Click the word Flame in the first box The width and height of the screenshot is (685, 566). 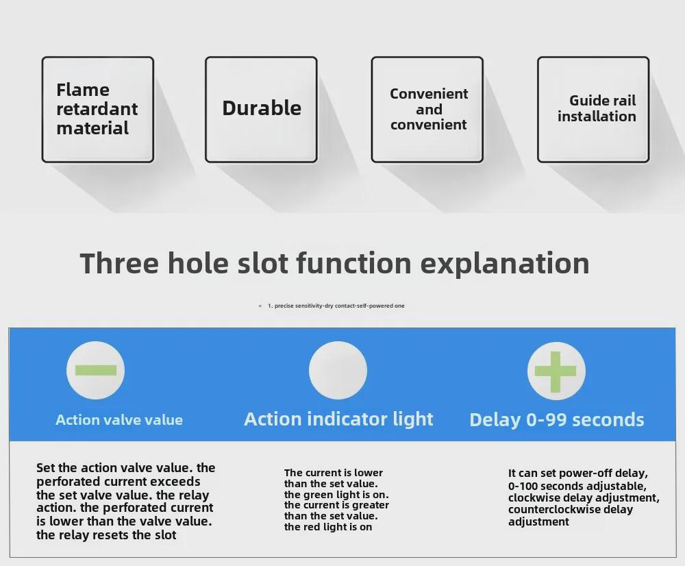pyautogui.click(x=83, y=90)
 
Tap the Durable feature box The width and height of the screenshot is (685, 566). pyautogui.click(x=261, y=109)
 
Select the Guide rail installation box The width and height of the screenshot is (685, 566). pyautogui.click(x=593, y=109)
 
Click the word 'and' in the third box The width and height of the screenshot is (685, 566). pyautogui.click(x=429, y=109)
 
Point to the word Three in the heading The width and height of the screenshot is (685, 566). pyautogui.click(x=119, y=263)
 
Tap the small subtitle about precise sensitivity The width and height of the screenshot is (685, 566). pyautogui.click(x=336, y=306)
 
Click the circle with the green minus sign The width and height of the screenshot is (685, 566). pyautogui.click(x=96, y=370)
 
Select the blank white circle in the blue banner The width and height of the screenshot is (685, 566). pyautogui.click(x=338, y=370)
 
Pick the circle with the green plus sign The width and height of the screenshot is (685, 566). pyautogui.click(x=556, y=371)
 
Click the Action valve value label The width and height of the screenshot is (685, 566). pyautogui.click(x=119, y=420)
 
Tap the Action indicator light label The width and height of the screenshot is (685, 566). pyautogui.click(x=338, y=419)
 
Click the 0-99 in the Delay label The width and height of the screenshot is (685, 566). pyautogui.click(x=546, y=420)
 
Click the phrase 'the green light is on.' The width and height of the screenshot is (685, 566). pyautogui.click(x=336, y=495)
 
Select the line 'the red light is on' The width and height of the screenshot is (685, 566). pyautogui.click(x=328, y=527)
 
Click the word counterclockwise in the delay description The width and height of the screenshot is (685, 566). pyautogui.click(x=553, y=510)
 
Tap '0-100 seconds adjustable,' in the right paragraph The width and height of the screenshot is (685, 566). pyautogui.click(x=577, y=486)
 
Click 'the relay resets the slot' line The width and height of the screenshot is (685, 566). pyautogui.click(x=106, y=535)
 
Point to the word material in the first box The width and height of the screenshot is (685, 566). pyautogui.click(x=92, y=129)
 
